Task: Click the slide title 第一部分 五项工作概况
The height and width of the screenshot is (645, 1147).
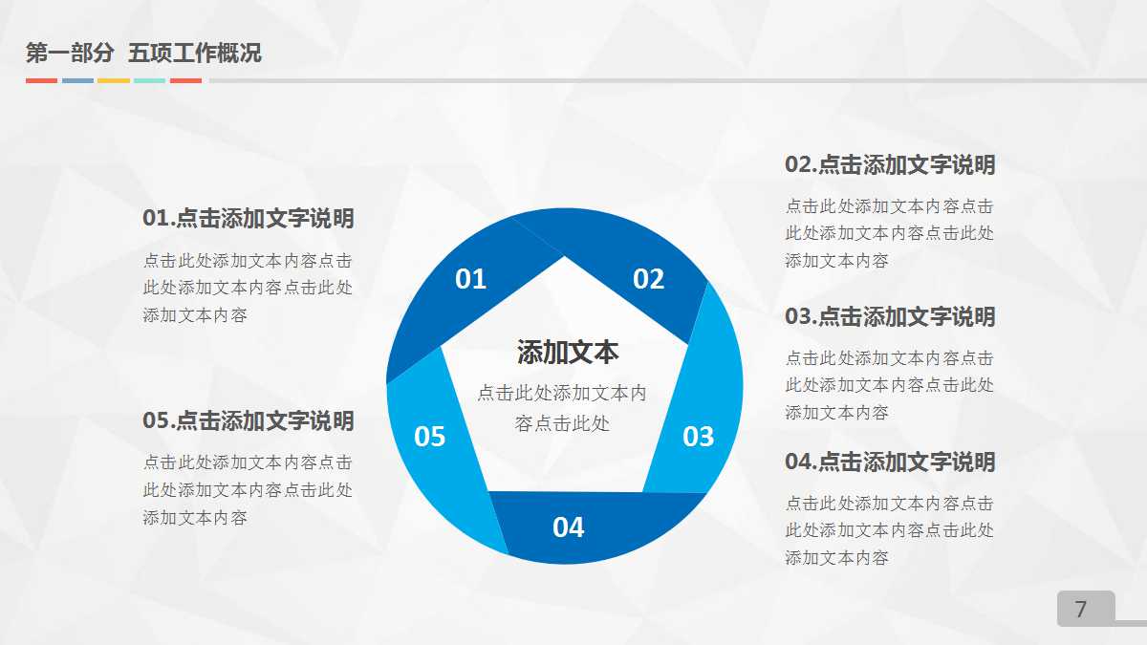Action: click(143, 54)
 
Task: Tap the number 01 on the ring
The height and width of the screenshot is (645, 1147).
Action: click(470, 279)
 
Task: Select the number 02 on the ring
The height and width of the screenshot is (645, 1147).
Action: click(648, 279)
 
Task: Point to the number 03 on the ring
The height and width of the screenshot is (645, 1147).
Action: click(698, 437)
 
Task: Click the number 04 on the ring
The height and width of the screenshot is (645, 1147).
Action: click(568, 527)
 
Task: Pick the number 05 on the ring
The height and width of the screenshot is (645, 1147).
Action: click(430, 437)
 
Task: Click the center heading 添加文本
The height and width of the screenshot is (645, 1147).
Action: click(568, 353)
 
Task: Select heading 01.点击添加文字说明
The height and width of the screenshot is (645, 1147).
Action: click(249, 219)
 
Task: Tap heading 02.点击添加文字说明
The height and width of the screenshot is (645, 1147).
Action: click(890, 165)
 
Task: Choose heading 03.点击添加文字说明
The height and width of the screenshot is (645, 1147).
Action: click(890, 317)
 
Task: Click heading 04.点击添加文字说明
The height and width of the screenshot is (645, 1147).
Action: click(890, 462)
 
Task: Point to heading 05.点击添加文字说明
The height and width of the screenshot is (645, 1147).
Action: click(249, 421)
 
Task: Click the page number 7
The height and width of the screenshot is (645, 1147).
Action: click(1081, 610)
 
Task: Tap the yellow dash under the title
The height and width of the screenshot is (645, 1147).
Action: click(114, 81)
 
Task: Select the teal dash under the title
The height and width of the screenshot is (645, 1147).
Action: click(149, 81)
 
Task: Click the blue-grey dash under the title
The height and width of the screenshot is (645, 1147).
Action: click(77, 81)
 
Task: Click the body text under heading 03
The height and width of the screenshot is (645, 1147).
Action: click(890, 385)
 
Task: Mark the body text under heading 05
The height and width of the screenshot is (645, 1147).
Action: click(249, 490)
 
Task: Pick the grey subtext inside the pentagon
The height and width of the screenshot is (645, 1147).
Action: click(562, 408)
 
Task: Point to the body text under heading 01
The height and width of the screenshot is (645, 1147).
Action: click(249, 288)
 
